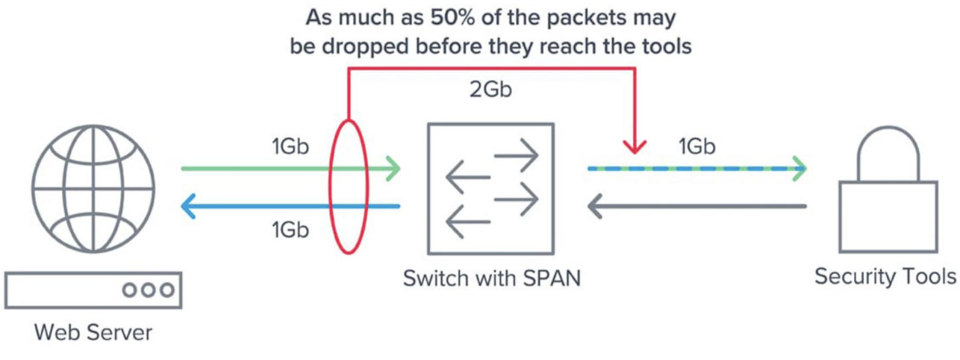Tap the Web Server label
(93, 332)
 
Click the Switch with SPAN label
(491, 279)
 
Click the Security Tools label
(885, 277)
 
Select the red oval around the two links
(349, 186)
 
